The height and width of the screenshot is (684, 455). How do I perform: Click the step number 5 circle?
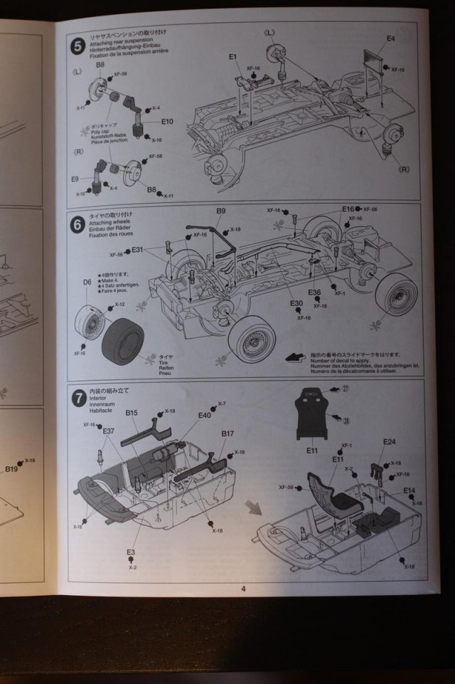77,46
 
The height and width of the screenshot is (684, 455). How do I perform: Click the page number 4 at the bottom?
242,588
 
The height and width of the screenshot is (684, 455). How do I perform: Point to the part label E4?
390,38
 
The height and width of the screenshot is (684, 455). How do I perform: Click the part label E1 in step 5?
233,56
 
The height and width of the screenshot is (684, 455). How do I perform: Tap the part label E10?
167,122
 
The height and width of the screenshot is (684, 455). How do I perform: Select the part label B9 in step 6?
220,211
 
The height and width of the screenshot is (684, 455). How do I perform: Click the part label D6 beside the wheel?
87,283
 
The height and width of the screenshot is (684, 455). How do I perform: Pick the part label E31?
138,249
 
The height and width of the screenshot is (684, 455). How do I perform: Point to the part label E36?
315,292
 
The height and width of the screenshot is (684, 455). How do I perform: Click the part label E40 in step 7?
205,415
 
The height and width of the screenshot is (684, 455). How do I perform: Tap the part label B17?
227,433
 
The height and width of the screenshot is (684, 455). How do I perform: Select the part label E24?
389,442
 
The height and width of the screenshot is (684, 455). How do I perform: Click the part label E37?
109,431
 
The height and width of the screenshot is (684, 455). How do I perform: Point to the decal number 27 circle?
346,389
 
